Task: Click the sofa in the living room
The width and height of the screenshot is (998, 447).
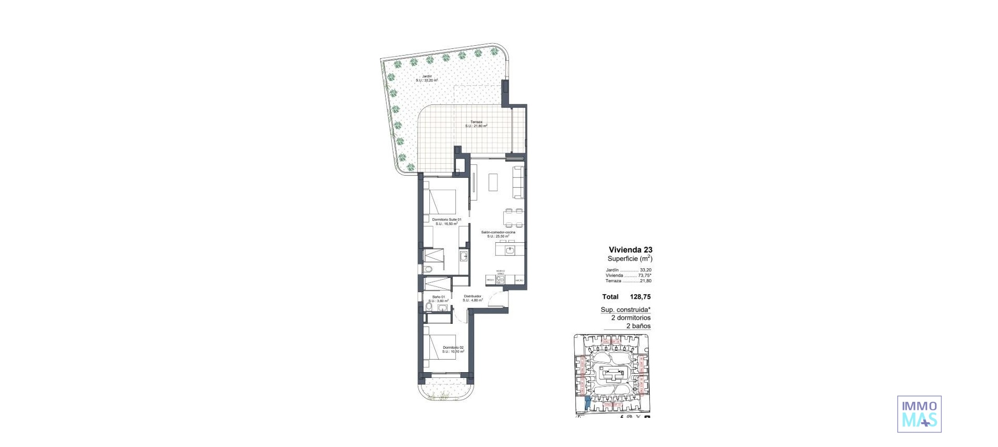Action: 519,182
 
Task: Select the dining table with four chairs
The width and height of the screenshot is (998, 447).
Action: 513,218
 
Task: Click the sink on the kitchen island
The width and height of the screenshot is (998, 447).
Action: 510,251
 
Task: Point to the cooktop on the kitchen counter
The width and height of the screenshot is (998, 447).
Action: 501,280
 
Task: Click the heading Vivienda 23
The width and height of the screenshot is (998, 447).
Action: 631,250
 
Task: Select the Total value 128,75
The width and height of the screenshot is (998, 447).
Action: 640,297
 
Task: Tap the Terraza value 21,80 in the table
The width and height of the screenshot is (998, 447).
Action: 646,281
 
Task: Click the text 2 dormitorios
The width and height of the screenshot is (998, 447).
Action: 631,318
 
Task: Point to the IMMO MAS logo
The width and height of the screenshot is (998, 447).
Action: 919,414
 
